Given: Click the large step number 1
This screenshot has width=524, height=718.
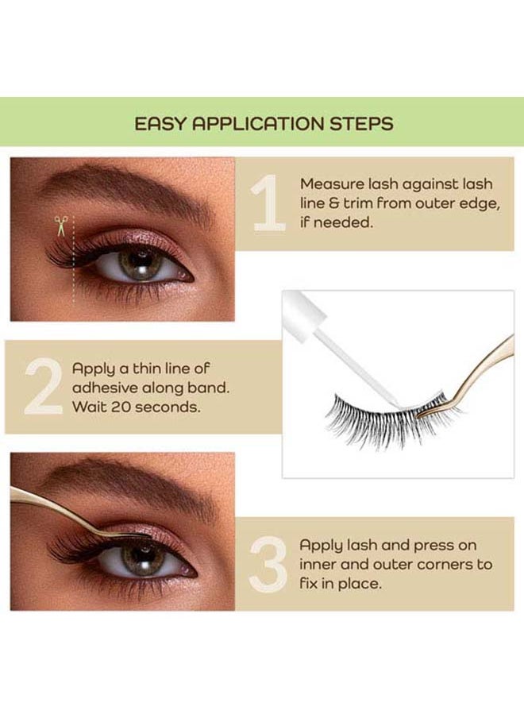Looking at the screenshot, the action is coord(269,202).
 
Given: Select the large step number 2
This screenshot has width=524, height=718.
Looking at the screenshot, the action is coord(44,388).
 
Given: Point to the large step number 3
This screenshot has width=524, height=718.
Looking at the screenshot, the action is coord(268,565).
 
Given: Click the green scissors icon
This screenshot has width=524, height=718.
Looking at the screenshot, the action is coord(60,226).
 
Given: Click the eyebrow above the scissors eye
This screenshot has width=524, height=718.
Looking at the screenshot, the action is coord(124,187).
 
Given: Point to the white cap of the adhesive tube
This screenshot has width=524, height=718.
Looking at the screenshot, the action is coord(303,315).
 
